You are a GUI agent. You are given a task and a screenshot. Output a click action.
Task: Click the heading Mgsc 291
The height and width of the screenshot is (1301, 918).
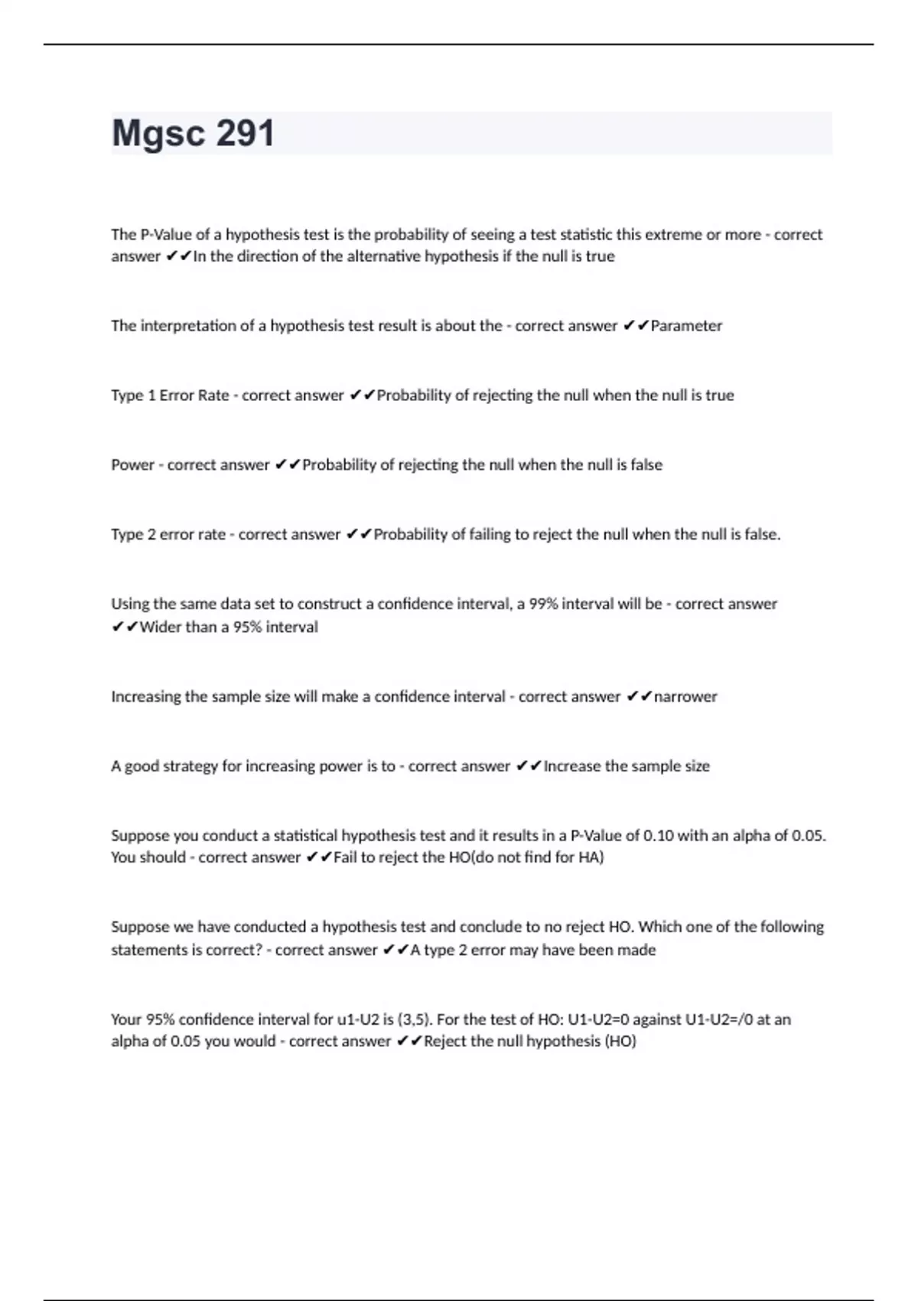193,133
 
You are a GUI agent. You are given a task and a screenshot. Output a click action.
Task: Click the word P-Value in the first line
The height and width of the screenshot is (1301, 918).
163,234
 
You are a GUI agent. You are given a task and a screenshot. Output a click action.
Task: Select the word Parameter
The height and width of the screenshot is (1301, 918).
686,326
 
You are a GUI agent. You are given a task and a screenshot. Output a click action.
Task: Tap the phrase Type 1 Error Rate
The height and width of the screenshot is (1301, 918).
170,396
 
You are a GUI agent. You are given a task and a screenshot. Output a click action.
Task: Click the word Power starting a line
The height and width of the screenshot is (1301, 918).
132,465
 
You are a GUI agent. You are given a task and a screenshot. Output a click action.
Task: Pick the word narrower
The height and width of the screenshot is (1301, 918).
685,696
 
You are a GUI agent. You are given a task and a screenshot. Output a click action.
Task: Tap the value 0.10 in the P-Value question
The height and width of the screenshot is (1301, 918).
659,836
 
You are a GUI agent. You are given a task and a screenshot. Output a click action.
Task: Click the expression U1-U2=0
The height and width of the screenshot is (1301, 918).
599,1019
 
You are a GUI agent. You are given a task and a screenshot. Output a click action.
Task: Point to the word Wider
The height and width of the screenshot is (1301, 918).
161,627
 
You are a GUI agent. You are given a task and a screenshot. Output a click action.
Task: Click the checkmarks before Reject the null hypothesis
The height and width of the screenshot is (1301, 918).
409,1042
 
